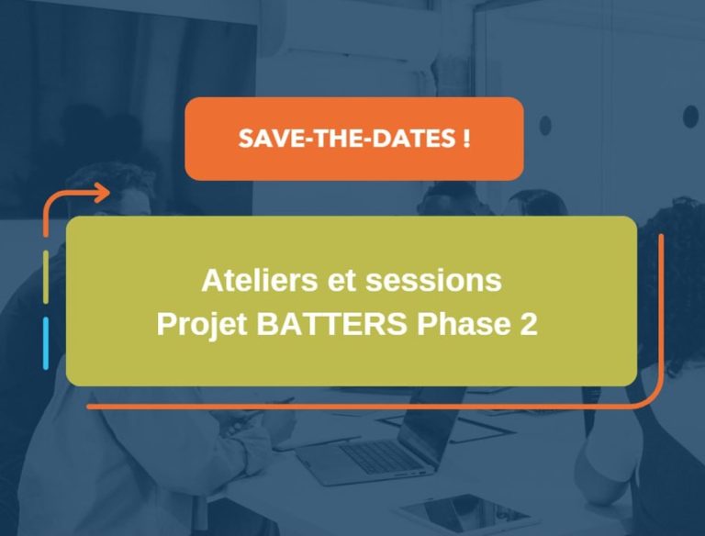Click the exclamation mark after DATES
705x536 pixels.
pyautogui.click(x=467, y=140)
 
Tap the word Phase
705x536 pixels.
pyautogui.click(x=455, y=325)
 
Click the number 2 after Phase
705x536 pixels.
pyautogui.click(x=528, y=325)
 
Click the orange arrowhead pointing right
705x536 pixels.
pyautogui.click(x=99, y=193)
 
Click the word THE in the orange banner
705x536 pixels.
pyautogui.click(x=339, y=140)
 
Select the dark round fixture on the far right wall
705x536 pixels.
pyautogui.click(x=690, y=117)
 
